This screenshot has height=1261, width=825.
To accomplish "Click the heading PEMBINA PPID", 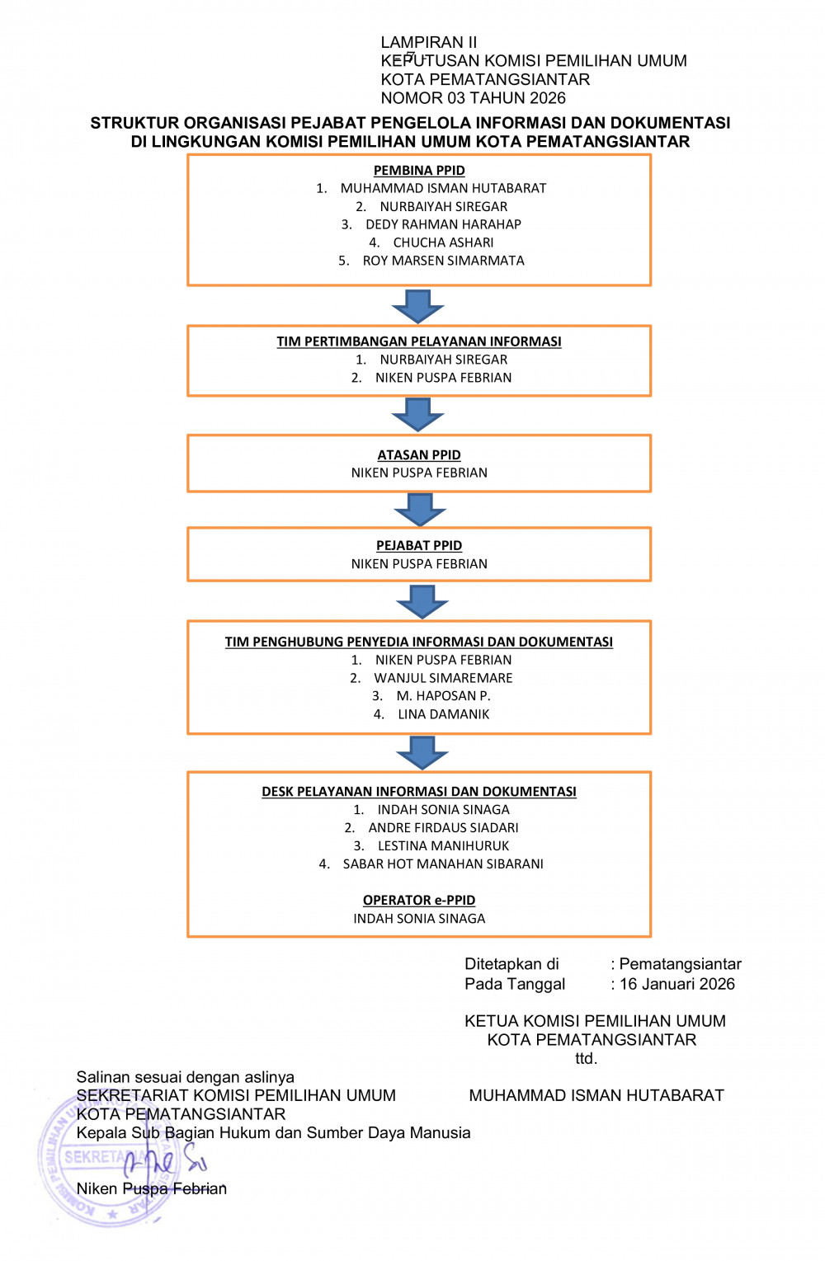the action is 419,170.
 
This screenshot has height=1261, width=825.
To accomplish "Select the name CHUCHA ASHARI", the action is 443,242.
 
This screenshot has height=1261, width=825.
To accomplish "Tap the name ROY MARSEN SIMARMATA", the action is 443,261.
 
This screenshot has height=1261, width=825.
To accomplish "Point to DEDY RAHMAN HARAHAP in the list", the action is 443,224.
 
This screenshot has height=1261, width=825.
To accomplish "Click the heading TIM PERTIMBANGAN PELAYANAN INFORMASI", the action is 419,341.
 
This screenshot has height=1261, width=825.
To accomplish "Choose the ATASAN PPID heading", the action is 419,454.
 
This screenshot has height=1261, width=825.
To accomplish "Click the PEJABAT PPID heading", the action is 419,545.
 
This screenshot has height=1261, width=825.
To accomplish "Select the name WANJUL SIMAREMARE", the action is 443,678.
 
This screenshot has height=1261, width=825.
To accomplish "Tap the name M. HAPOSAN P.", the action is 443,696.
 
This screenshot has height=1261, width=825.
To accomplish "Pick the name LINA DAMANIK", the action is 443,714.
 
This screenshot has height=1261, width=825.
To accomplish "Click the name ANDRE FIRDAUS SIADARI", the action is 443,827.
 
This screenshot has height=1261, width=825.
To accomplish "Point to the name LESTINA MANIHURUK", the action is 443,845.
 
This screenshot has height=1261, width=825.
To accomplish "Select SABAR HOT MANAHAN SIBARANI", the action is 443,863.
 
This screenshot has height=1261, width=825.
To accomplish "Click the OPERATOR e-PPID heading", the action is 419,900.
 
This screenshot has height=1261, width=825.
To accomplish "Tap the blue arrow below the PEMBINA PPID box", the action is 417,306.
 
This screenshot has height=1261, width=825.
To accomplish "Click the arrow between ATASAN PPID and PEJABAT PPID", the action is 420,510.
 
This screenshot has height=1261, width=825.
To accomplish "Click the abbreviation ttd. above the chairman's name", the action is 587,1058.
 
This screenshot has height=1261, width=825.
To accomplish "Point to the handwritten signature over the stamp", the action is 164,1160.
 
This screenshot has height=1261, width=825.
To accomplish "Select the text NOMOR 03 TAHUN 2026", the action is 473,98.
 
